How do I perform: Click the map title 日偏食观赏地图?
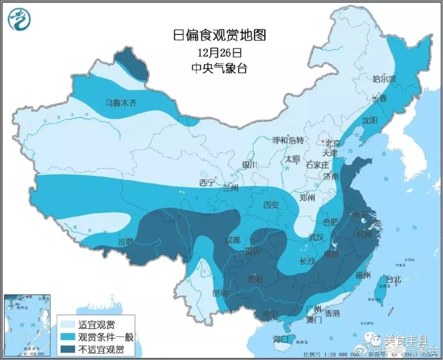pyautogui.click(x=219, y=35)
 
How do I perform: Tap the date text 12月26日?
pyautogui.click(x=219, y=53)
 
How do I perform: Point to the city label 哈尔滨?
pyautogui.click(x=384, y=79)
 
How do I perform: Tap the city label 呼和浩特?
pyautogui.click(x=288, y=140)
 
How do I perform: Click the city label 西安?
pyautogui.click(x=271, y=204)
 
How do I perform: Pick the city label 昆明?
pyautogui.click(x=219, y=293)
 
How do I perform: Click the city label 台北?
pyautogui.click(x=393, y=280)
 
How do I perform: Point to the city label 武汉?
pyautogui.click(x=316, y=238)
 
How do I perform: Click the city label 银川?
pyautogui.click(x=249, y=165)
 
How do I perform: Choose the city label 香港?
pyautogui.click(x=332, y=313)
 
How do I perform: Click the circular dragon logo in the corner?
pyautogui.click(x=20, y=20)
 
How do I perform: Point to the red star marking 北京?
pyautogui.click(x=323, y=142)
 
